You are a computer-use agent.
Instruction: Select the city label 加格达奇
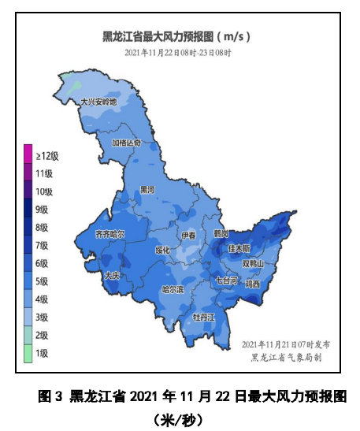click(126, 143)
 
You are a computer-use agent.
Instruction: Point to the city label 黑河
click(147, 189)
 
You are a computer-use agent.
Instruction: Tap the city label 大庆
click(111, 276)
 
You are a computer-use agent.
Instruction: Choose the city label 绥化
click(163, 250)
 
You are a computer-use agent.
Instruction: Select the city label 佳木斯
click(239, 248)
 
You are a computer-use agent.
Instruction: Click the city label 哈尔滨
click(172, 290)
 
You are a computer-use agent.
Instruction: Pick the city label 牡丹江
click(204, 317)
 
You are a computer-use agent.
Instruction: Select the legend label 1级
click(42, 354)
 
